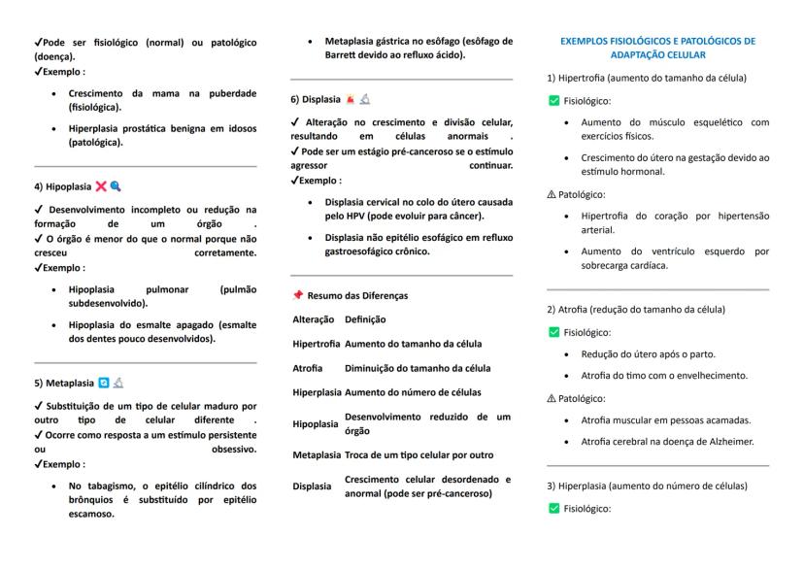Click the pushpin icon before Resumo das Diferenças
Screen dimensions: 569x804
[x=298, y=294]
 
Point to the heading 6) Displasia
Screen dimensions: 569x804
[x=315, y=99]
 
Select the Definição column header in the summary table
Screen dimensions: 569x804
[x=365, y=318]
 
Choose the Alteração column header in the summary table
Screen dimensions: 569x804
[x=314, y=318]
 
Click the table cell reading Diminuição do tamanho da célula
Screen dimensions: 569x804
[x=418, y=368]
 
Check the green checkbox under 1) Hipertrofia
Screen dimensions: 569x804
[x=553, y=100]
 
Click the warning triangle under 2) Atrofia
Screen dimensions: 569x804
[x=553, y=397]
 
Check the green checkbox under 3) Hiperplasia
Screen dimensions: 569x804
[x=553, y=508]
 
